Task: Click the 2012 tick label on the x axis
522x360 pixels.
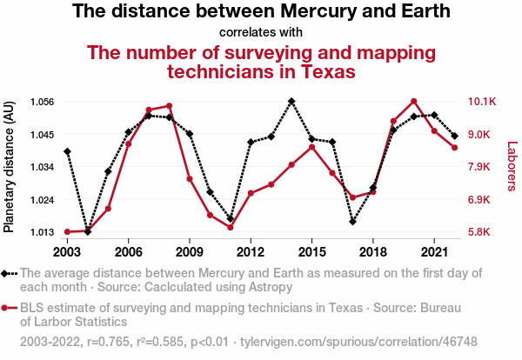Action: pyautogui.click(x=251, y=252)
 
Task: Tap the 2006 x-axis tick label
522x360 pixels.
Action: pyautogui.click(x=128, y=252)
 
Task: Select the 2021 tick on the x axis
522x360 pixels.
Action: pyautogui.click(x=434, y=252)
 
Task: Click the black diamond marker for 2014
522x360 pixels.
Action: pyautogui.click(x=291, y=101)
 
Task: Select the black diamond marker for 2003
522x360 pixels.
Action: pyautogui.click(x=67, y=151)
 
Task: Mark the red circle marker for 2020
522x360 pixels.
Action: pyautogui.click(x=414, y=102)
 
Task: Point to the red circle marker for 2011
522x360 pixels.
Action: pyautogui.click(x=231, y=227)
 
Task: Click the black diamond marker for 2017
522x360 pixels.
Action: pyautogui.click(x=352, y=222)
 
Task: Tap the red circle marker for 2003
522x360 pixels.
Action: pyautogui.click(x=67, y=232)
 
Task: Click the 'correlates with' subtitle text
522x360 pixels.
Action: pyautogui.click(x=261, y=33)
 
